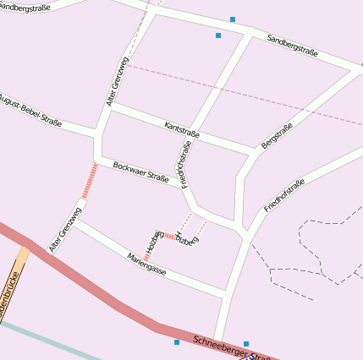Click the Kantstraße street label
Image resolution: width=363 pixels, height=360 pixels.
click(x=182, y=129)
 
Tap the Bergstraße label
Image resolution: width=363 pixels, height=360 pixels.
click(x=277, y=135)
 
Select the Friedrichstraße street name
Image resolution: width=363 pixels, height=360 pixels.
click(x=184, y=164)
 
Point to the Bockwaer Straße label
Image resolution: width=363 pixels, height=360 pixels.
click(x=140, y=172)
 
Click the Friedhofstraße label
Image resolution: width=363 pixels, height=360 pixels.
click(x=283, y=195)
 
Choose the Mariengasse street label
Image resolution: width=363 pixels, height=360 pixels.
click(x=146, y=265)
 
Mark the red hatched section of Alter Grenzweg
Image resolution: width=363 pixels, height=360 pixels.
click(x=89, y=180)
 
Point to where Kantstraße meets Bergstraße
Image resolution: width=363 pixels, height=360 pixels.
click(x=255, y=152)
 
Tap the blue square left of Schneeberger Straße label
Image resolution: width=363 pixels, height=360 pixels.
click(x=177, y=342)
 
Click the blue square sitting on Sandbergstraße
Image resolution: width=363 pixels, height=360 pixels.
click(x=232, y=19)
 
